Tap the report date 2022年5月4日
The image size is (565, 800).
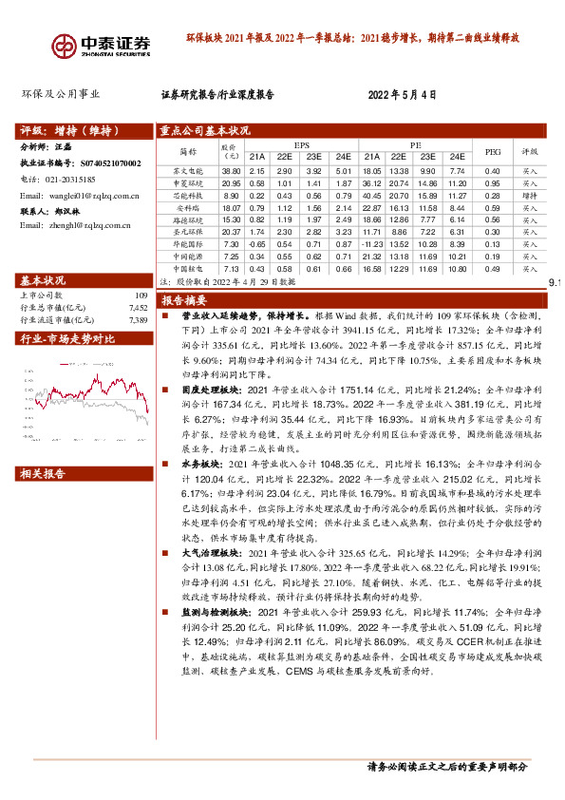[x=403, y=95]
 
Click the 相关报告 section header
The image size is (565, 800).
[x=44, y=473]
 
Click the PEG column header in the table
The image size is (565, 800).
[x=492, y=151]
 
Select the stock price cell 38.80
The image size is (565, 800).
[x=231, y=169]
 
